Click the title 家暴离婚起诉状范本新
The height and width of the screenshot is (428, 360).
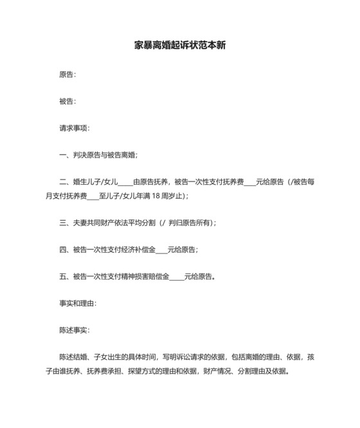click(x=179, y=46)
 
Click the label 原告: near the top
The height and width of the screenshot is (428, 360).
click(x=67, y=75)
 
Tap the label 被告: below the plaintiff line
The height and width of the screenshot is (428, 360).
click(x=67, y=102)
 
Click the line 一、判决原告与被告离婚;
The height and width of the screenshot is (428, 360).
click(x=98, y=155)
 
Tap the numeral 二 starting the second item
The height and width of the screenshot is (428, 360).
click(x=62, y=182)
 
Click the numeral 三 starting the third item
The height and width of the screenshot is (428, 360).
click(x=62, y=223)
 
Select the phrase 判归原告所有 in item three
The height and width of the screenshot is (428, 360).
click(x=190, y=223)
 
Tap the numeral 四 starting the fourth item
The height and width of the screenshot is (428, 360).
click(x=62, y=250)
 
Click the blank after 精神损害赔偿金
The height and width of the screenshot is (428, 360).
click(x=176, y=277)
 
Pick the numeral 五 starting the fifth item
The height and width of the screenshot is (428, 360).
click(x=62, y=277)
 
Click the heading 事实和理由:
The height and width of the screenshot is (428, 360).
click(x=78, y=303)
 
